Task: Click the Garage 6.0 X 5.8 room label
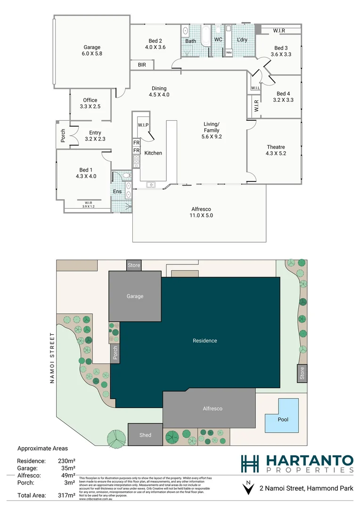tap(92, 50)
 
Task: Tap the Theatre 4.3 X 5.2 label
tap(276, 150)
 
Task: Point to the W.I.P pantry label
tap(143, 125)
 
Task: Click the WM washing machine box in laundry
tap(229, 52)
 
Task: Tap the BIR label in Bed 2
tap(142, 65)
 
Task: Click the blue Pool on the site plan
tap(282, 416)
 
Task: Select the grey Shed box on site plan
tap(145, 435)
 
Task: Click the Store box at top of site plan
tap(134, 265)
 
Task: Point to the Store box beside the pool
tap(302, 373)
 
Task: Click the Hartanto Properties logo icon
tap(250, 463)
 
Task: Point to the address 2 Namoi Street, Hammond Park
tap(306, 489)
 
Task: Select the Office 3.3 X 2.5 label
tap(90, 103)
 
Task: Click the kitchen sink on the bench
tap(152, 185)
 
